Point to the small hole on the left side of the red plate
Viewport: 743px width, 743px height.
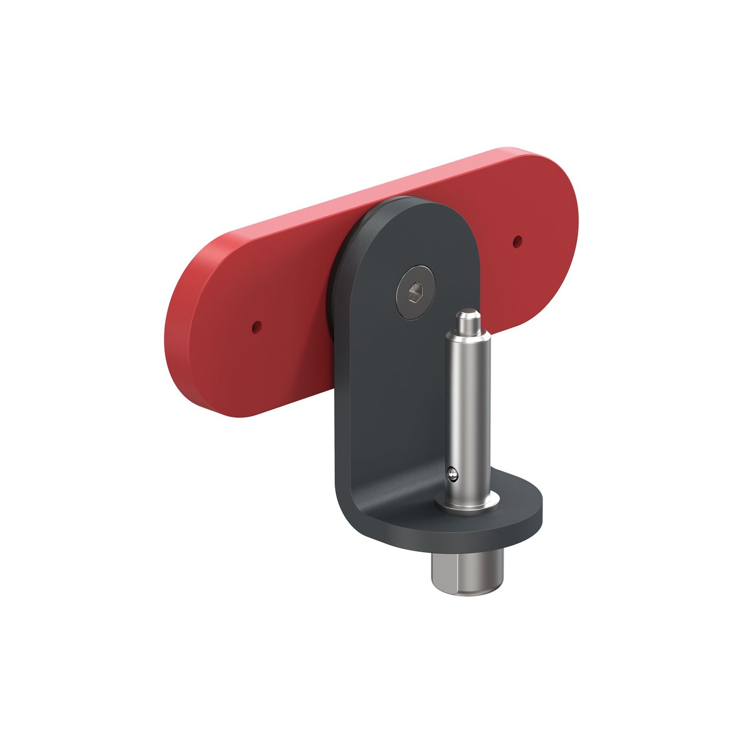[256, 325]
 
